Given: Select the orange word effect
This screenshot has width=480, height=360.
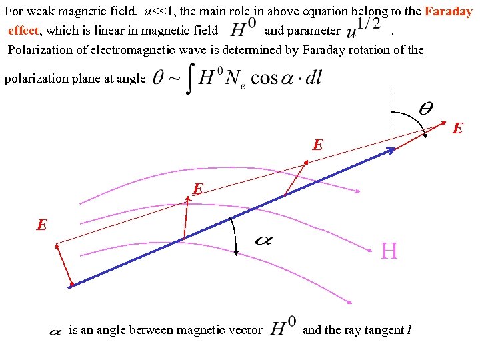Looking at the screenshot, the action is coord(23,30).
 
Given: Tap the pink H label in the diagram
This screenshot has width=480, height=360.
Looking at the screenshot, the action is coord(389,251).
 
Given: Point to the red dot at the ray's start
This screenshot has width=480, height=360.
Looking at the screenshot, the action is coord(71,285).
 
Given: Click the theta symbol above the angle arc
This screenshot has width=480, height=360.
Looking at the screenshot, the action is coord(425,108).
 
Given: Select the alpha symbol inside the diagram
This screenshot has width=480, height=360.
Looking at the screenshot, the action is coord(264,240).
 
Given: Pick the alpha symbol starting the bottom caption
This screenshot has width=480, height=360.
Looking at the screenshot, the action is coord(56,330).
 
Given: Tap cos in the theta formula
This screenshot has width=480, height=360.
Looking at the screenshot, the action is coord(264,79).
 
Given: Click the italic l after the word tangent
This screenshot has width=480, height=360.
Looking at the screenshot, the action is coord(409,329).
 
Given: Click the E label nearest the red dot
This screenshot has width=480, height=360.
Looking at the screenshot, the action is coord(42,225).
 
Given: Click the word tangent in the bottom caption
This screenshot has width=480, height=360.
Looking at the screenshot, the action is coord(383,329).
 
